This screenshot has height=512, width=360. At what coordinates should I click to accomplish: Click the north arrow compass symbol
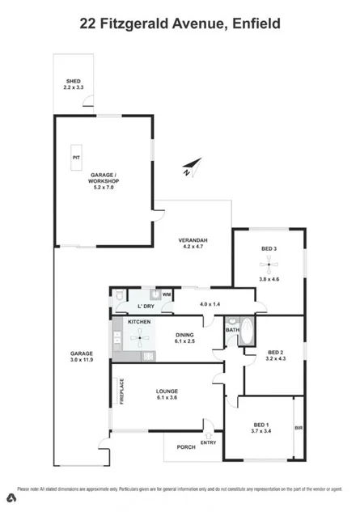pyautogui.click(x=188, y=169)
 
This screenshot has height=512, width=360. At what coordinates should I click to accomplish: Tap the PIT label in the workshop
pyautogui.click(x=76, y=157)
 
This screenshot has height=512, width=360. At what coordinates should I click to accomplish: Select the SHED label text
pyautogui.click(x=74, y=82)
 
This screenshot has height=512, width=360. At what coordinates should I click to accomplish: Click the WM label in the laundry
pyautogui.click(x=166, y=294)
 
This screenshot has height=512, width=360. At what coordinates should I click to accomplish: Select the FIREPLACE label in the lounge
pyautogui.click(x=122, y=391)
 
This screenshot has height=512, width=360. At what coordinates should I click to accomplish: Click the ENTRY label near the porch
pyautogui.click(x=209, y=442)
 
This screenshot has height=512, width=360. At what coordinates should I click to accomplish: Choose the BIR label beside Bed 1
pyautogui.click(x=299, y=427)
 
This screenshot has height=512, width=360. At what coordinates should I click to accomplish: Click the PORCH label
pyautogui.click(x=186, y=446)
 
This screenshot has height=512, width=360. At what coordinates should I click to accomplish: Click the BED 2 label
pyautogui.click(x=276, y=352)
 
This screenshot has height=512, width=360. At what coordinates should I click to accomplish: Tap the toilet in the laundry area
pyautogui.click(x=118, y=298)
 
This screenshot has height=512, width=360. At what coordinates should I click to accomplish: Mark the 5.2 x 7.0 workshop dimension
pyautogui.click(x=104, y=187)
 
